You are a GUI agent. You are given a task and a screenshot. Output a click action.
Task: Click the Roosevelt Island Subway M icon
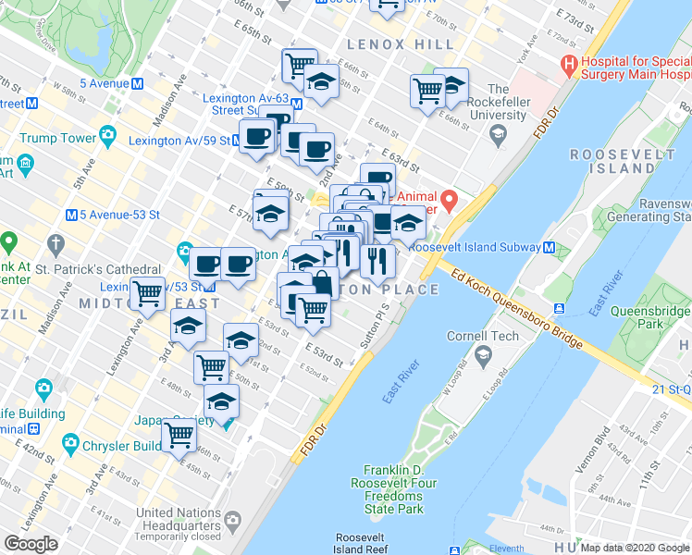550,248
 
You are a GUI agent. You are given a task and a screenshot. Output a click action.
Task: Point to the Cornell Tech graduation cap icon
482,355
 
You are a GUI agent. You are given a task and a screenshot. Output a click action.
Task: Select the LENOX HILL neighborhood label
389,45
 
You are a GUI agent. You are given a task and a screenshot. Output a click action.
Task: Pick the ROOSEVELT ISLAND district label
612,161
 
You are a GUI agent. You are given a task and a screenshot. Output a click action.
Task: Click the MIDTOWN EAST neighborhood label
149,303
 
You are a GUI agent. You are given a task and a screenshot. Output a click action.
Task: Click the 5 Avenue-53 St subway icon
71,215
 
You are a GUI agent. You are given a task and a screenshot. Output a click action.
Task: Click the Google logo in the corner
31,544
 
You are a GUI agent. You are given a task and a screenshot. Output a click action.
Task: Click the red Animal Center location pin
449,199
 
